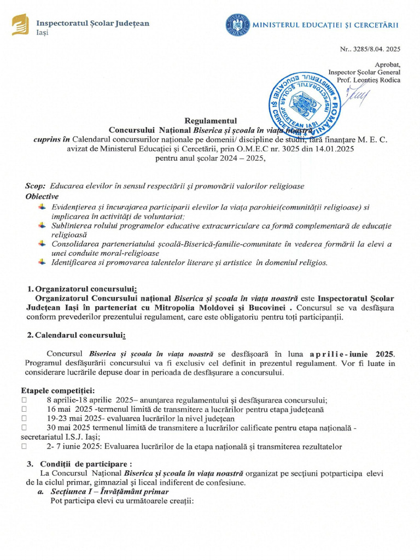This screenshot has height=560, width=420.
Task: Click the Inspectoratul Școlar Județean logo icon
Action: coord(20,25)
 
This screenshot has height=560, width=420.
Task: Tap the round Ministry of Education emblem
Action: coord(236,25)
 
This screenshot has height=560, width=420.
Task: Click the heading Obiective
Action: coord(42,196)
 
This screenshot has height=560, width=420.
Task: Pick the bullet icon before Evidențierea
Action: coord(42,207)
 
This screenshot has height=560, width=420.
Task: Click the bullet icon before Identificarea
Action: coord(42,262)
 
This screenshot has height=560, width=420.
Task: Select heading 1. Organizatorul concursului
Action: coord(82,289)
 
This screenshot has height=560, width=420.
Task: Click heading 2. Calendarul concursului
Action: coord(77,335)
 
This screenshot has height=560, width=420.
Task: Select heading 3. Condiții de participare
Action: coord(80,464)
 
